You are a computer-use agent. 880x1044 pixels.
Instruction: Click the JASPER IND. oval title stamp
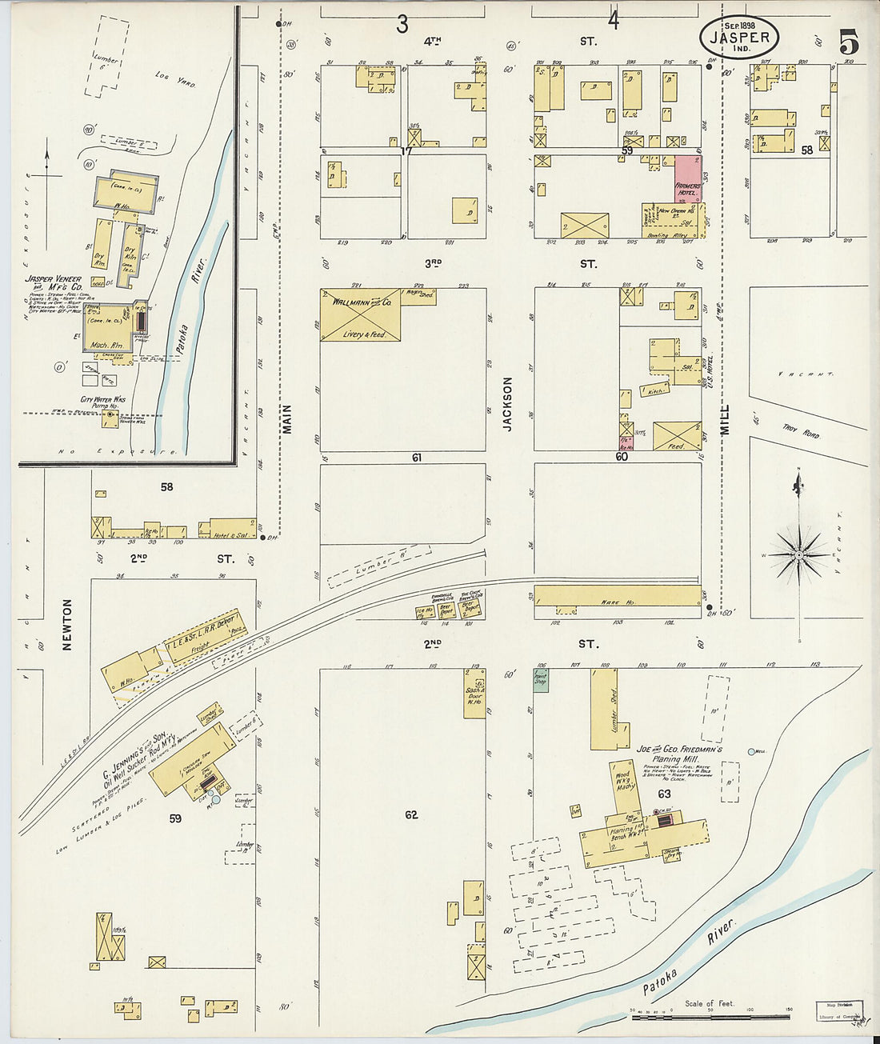point(738,38)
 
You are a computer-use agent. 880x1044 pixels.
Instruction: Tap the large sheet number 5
point(849,42)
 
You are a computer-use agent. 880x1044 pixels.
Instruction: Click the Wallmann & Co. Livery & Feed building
point(360,315)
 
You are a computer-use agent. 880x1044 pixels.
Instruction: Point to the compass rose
point(798,554)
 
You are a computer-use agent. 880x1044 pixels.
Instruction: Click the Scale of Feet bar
point(710,1017)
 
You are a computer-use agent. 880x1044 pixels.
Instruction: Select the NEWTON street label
point(67,624)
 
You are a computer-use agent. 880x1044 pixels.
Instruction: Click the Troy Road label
point(801,433)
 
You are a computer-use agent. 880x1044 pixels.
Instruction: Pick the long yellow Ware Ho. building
point(617,595)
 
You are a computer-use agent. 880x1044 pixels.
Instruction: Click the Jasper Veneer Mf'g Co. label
point(54,286)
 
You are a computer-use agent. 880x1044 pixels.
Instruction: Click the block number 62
point(410,814)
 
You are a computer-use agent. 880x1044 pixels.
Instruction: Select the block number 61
point(416,458)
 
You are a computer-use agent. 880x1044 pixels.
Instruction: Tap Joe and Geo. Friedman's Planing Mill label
point(679,754)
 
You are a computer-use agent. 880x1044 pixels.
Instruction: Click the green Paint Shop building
point(540,679)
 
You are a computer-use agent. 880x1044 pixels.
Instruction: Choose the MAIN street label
point(286,418)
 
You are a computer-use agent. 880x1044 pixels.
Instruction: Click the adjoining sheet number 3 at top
point(402,24)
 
